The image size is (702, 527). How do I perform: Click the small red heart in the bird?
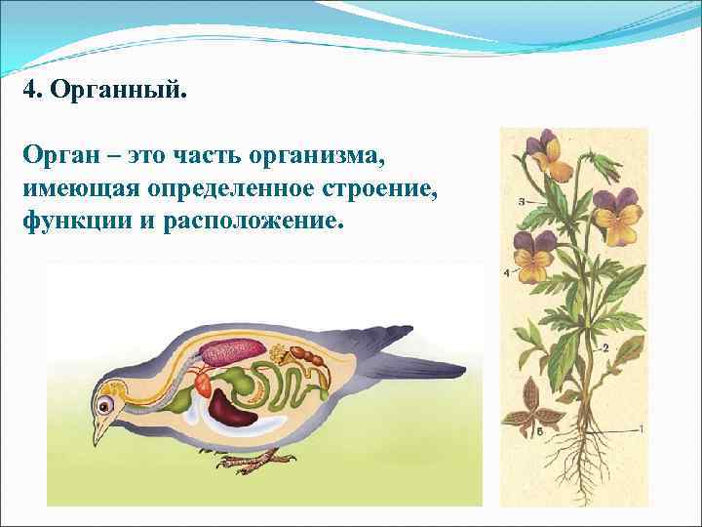[204, 383]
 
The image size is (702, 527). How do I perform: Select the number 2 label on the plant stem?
[604, 347]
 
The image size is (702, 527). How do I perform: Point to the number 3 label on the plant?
[522, 201]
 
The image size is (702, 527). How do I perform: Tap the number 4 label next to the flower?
[506, 273]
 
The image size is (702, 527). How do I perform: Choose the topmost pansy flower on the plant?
[544, 153]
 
